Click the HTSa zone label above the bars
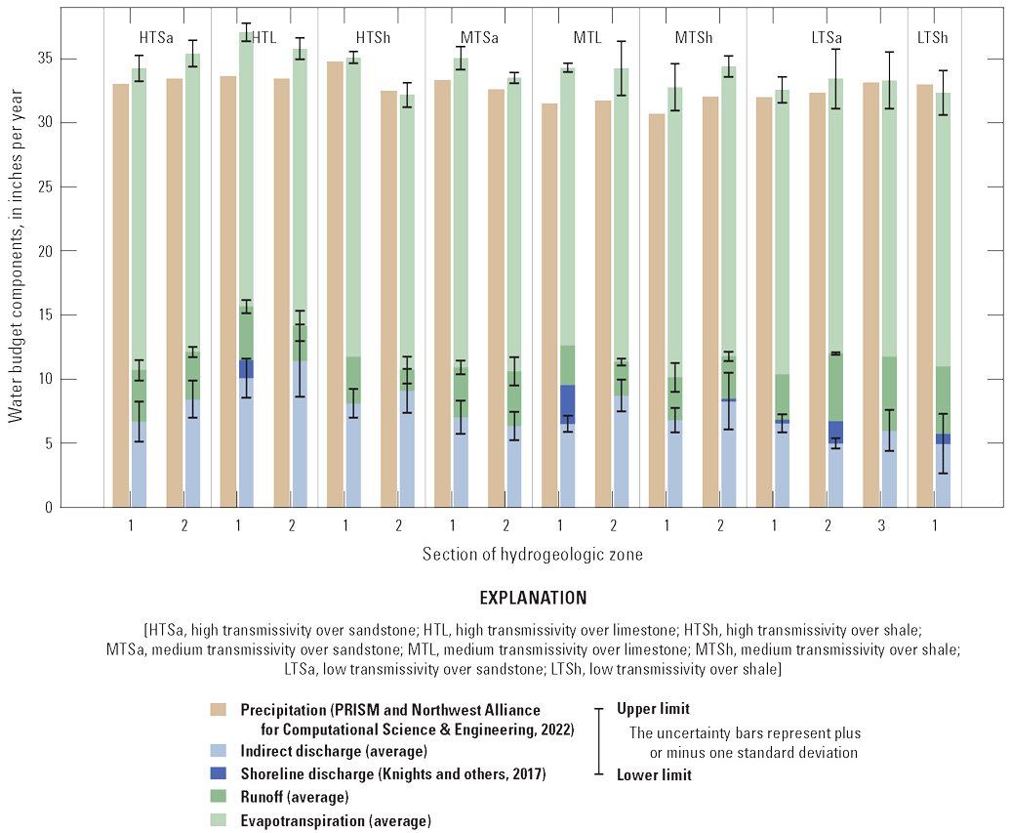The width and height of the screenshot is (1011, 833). pyautogui.click(x=157, y=37)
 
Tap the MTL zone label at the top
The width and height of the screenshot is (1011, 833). pyautogui.click(x=586, y=37)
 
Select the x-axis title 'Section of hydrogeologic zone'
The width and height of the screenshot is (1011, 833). pyautogui.click(x=532, y=555)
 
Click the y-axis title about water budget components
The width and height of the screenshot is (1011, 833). pyautogui.click(x=16, y=264)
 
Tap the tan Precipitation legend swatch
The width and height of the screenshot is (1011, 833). pyautogui.click(x=221, y=709)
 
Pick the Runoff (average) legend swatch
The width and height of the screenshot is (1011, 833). pyautogui.click(x=221, y=798)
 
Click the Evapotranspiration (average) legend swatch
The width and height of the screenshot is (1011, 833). pyautogui.click(x=221, y=820)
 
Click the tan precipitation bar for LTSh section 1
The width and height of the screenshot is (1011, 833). pyautogui.click(x=924, y=293)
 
